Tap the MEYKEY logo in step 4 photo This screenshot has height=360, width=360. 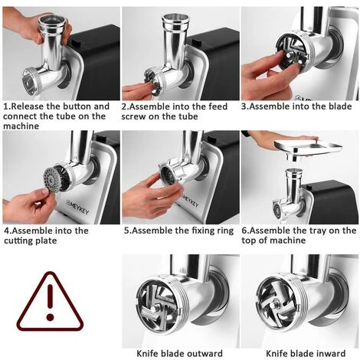pyautogui.click(x=77, y=207)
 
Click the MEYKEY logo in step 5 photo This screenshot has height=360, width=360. pyautogui.click(x=190, y=201)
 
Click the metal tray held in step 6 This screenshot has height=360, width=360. pyautogui.click(x=308, y=148)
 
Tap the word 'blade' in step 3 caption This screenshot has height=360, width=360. pyautogui.click(x=340, y=106)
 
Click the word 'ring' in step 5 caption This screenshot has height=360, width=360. pyautogui.click(x=224, y=231)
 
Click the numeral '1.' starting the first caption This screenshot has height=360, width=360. pyautogui.click(x=7, y=106)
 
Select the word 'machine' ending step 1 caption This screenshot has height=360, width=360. pyautogui.click(x=21, y=126)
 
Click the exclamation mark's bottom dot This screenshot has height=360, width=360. pyautogui.click(x=50, y=317)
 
